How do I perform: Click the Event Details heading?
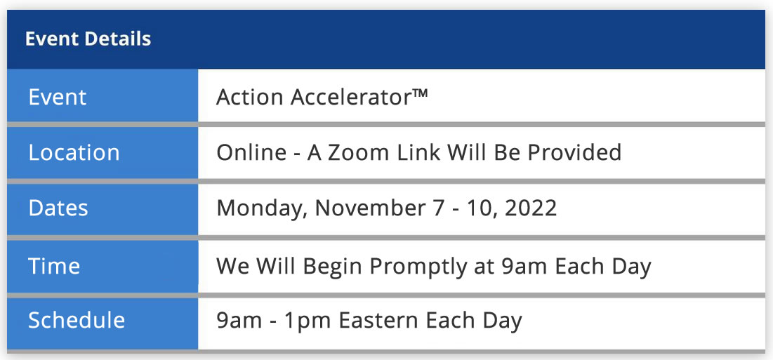(x=88, y=39)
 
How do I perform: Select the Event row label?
(x=57, y=97)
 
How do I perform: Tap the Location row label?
(x=74, y=153)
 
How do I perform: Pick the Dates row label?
(x=58, y=208)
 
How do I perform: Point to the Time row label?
(x=54, y=266)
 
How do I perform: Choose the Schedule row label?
(x=77, y=320)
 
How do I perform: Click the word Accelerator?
(x=351, y=97)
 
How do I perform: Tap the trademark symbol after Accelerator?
(x=420, y=93)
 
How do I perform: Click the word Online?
(x=251, y=153)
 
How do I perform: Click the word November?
(x=369, y=208)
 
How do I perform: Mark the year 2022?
(x=531, y=208)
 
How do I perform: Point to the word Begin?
(x=333, y=267)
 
